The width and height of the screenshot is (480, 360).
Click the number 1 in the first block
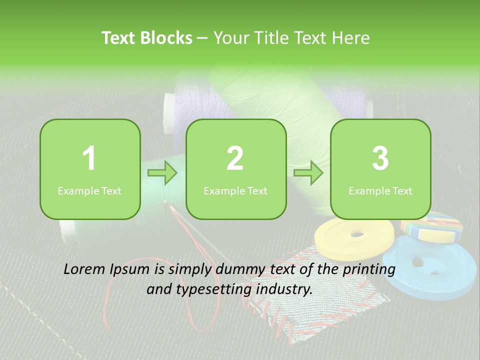[x=89, y=158]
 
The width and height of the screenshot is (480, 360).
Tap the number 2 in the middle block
[x=235, y=158]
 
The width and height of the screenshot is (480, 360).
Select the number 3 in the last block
[x=380, y=158]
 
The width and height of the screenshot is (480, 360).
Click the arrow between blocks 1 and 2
[x=162, y=173]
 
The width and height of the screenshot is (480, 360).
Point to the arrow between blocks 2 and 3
[x=308, y=173]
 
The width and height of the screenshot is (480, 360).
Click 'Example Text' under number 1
[x=89, y=191]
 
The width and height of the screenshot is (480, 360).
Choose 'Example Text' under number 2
[x=235, y=191]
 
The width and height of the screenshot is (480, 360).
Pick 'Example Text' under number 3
[x=380, y=191]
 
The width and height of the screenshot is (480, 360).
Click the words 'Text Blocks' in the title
[x=147, y=38]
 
